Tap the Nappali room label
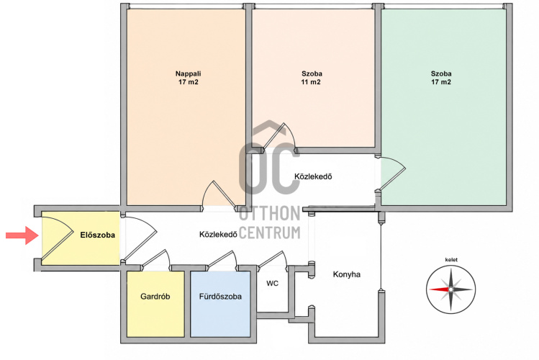(188, 73)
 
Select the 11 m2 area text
(311, 82)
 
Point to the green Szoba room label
(441, 73)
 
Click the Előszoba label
(98, 235)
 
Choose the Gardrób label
(155, 297)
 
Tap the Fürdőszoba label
(220, 297)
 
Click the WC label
(272, 284)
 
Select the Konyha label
(347, 274)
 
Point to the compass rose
(450, 289)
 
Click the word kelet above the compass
(451, 260)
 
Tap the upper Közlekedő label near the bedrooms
(313, 176)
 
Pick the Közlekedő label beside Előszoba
(218, 235)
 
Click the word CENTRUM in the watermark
(269, 233)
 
